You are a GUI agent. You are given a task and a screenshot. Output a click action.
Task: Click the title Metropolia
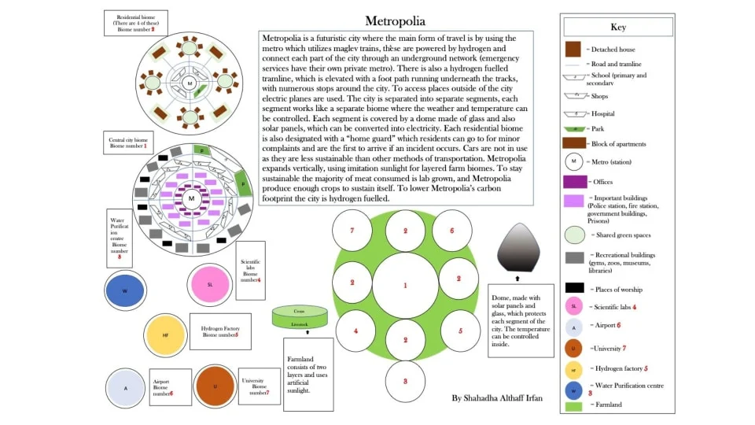point(396,20)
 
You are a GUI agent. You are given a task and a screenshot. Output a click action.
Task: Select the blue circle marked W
point(125,290)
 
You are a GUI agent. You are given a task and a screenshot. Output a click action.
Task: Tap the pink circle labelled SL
point(210,284)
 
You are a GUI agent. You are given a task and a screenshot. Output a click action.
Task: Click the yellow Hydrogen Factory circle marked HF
point(166,334)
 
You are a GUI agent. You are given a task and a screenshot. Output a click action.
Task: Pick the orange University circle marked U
point(215,386)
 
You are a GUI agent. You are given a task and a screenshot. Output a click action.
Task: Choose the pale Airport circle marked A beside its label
point(126,388)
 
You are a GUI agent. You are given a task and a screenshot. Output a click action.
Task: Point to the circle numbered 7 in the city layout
point(352,231)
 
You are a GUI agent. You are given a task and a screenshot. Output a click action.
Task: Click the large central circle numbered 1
point(405,285)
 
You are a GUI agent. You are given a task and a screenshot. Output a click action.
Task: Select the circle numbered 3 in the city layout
point(405,381)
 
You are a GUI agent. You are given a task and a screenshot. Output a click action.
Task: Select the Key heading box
point(618,27)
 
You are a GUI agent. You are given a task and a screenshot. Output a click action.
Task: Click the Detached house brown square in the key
point(573,49)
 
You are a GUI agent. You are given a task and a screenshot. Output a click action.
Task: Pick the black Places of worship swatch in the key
point(574,288)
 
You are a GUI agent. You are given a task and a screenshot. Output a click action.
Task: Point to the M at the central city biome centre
point(190,198)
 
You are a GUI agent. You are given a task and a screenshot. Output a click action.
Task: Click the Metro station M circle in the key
point(574,163)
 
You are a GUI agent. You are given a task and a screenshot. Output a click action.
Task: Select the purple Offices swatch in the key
point(574,182)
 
